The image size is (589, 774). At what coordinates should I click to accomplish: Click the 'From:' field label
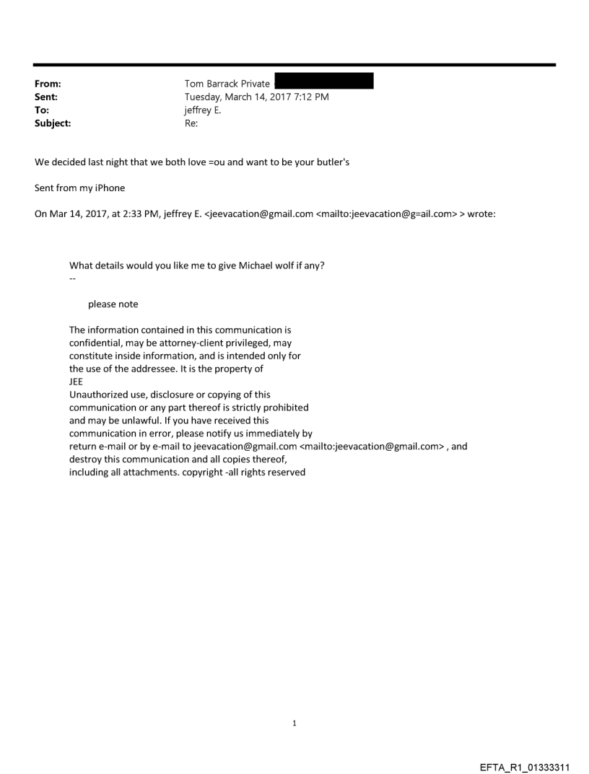click(46, 84)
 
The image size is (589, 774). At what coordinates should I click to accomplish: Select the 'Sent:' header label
click(45, 97)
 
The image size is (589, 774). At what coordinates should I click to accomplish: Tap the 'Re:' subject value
click(191, 123)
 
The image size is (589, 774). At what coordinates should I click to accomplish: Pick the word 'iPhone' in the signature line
click(110, 188)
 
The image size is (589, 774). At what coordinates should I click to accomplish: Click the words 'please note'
click(113, 304)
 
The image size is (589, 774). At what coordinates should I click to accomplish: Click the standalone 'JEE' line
click(76, 382)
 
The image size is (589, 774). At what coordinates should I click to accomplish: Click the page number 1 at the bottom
click(294, 723)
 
